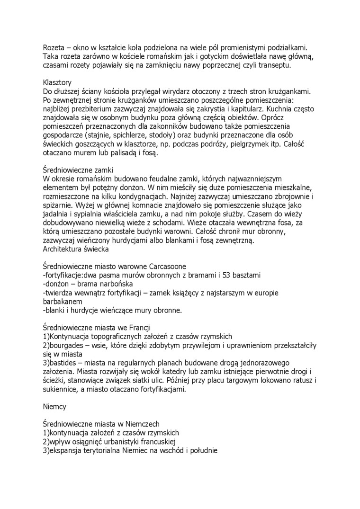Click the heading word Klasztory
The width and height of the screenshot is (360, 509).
[x=57, y=82]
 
